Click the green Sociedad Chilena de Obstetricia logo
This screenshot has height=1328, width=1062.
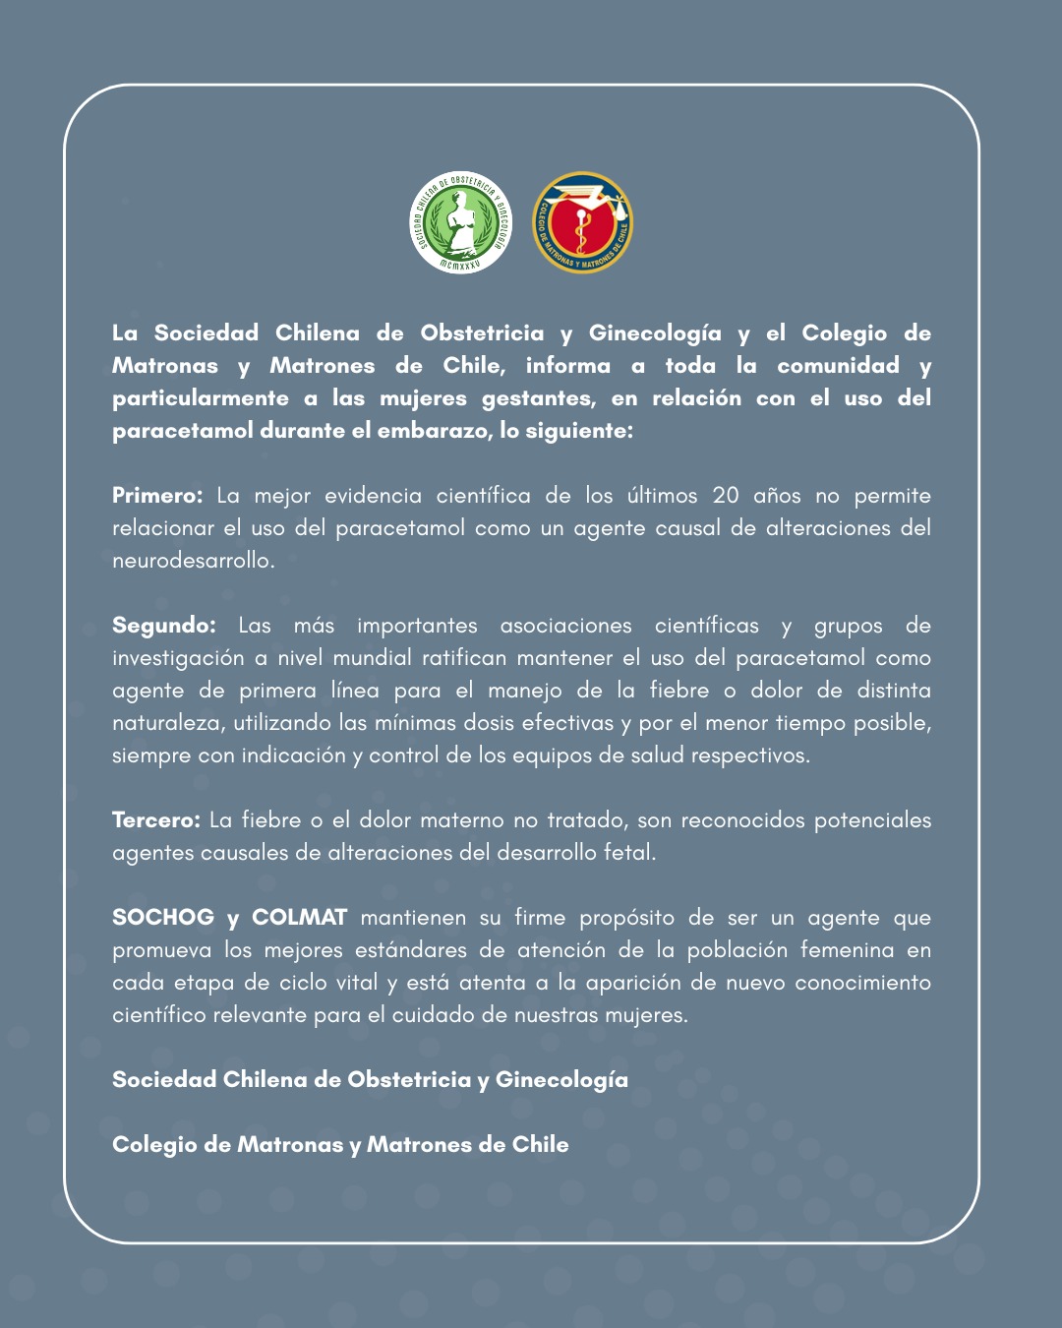pos(460,222)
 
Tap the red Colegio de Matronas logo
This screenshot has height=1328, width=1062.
pos(582,222)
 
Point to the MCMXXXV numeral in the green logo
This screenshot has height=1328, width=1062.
pos(460,263)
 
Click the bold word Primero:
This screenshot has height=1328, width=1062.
pos(157,496)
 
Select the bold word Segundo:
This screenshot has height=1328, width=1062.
pos(164,626)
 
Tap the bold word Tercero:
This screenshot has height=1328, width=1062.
pos(156,820)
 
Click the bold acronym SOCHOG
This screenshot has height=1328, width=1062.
pos(163,918)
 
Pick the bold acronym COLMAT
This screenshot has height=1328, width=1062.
pos(299,918)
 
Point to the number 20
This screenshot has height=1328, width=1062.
pos(726,496)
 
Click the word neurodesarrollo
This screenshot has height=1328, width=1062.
pos(193,561)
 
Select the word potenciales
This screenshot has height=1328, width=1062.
pos(872,820)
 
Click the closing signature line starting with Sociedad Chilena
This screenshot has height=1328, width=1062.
pos(370,1080)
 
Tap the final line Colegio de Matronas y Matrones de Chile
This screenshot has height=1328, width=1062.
pos(340,1145)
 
